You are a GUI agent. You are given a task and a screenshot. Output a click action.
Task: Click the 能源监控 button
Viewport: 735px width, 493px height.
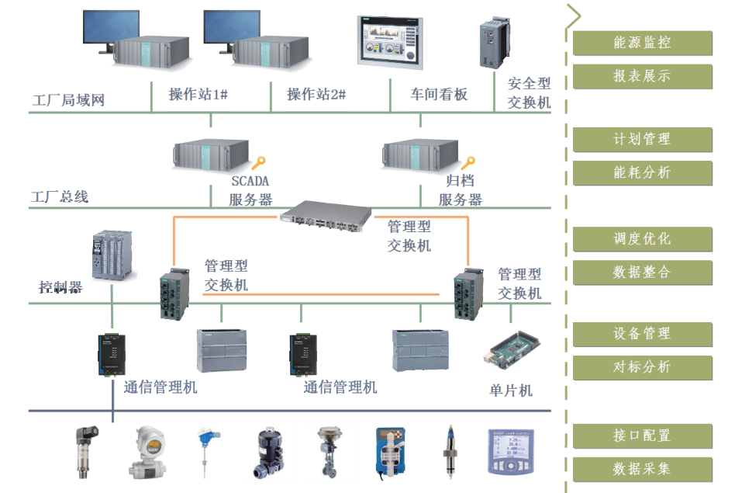tap(642, 43)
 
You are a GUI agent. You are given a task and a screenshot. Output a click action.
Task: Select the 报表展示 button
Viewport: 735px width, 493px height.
tap(642, 77)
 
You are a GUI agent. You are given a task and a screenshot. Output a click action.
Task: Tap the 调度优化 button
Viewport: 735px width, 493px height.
tap(642, 239)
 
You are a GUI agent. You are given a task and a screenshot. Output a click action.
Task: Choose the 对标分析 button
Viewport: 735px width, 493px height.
tap(642, 367)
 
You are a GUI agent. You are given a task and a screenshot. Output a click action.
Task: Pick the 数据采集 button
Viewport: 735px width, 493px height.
tap(642, 469)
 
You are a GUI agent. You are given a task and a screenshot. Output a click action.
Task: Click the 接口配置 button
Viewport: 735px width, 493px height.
tap(642, 436)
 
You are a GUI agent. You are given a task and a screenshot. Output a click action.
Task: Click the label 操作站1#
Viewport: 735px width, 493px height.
tap(198, 95)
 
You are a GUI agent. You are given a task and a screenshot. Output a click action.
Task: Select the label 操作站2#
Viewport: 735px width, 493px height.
tap(316, 95)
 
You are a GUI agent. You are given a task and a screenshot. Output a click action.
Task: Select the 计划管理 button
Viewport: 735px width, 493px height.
tap(642, 140)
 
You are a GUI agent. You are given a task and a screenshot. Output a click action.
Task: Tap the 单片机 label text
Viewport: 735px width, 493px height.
tap(511, 391)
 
